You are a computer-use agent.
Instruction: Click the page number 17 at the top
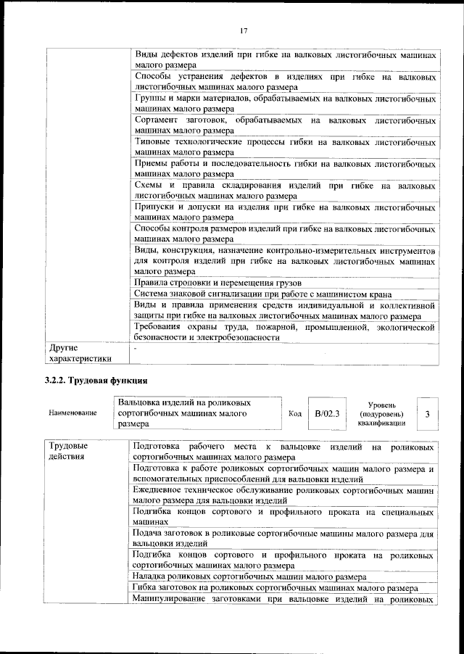pyautogui.click(x=244, y=30)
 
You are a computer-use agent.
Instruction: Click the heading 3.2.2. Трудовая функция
pyautogui.click(x=96, y=381)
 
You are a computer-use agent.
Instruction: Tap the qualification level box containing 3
pyautogui.click(x=427, y=413)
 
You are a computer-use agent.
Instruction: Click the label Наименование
pyautogui.click(x=72, y=413)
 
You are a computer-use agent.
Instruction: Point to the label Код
pyautogui.click(x=295, y=413)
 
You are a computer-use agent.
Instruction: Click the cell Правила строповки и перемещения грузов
pyautogui.click(x=217, y=282)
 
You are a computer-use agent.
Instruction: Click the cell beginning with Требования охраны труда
pyautogui.click(x=285, y=334)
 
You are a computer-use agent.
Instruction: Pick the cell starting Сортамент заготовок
pyautogui.click(x=285, y=124)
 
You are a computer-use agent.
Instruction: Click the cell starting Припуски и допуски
pyautogui.click(x=285, y=211)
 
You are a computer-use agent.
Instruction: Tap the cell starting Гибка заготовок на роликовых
pyautogui.click(x=275, y=588)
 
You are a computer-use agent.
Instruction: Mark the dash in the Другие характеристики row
pyautogui.click(x=136, y=348)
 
